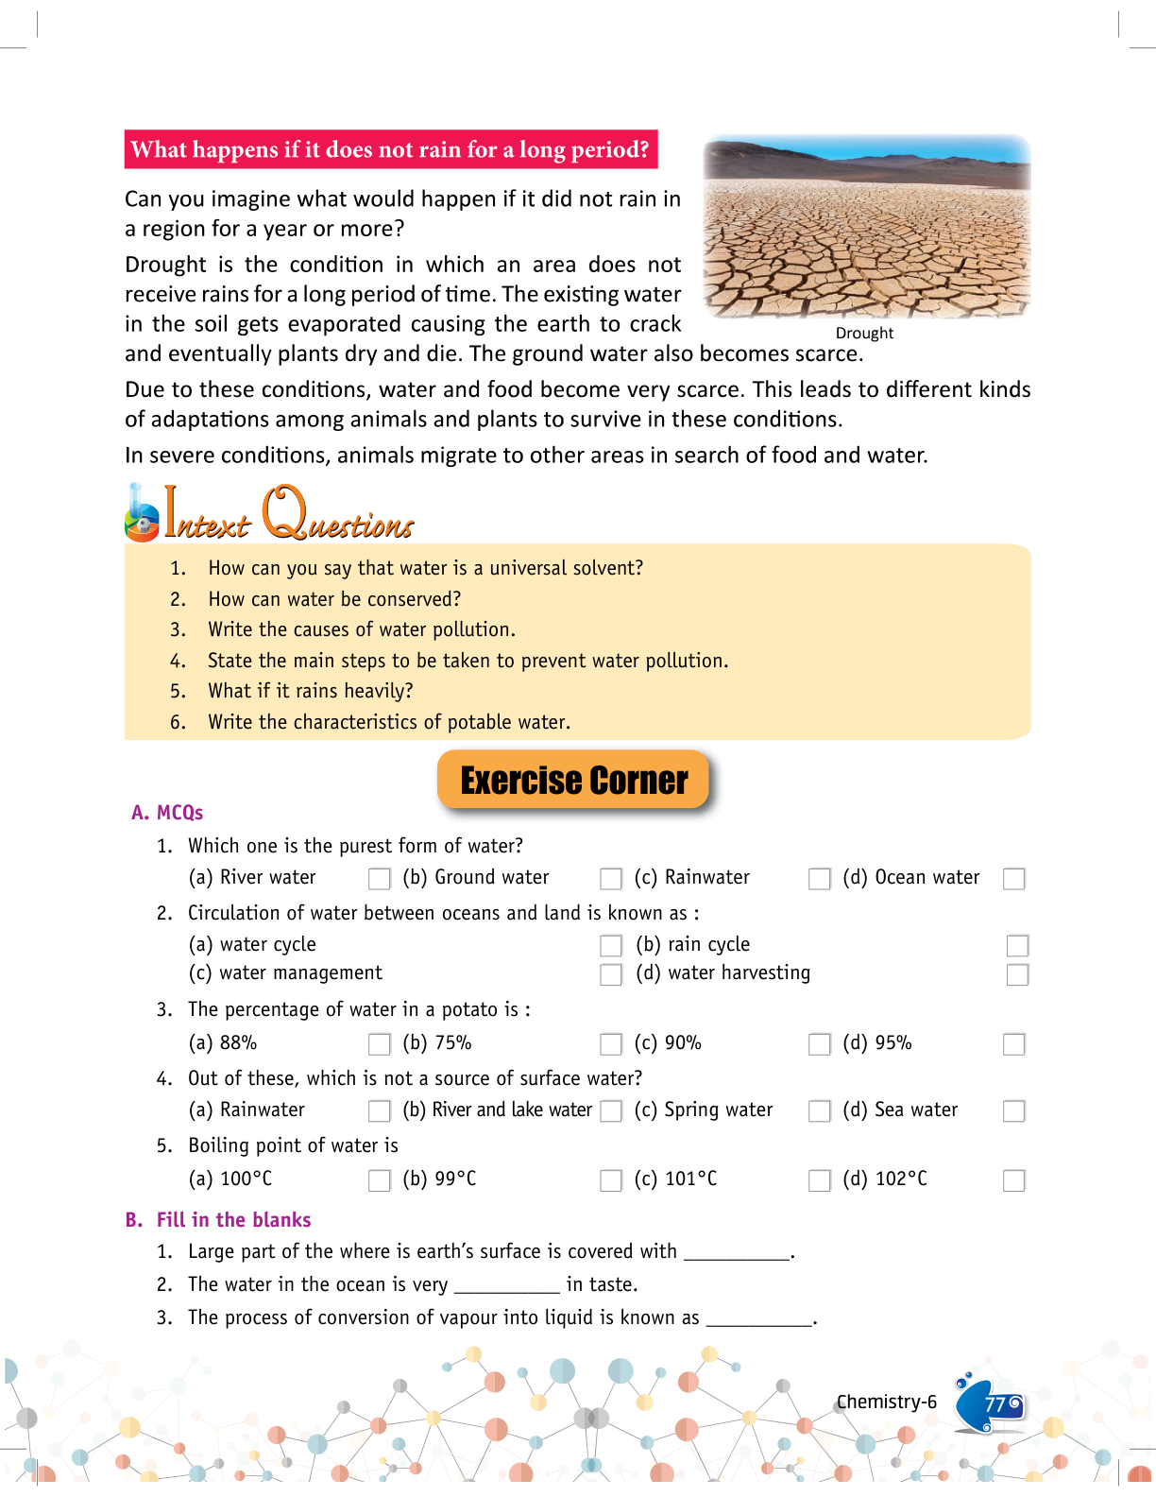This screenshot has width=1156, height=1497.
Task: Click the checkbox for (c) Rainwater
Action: [819, 879]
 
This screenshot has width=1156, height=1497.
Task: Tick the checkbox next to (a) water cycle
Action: [611, 945]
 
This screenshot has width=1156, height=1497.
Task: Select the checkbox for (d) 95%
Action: [1013, 1044]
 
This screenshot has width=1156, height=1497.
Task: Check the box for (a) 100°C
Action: [379, 1180]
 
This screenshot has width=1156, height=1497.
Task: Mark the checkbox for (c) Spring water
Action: [819, 1111]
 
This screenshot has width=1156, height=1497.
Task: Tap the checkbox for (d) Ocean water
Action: [1013, 879]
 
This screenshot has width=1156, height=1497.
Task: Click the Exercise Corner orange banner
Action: [573, 781]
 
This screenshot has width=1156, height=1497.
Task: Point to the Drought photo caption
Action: [864, 334]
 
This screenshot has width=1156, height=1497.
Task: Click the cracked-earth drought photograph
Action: [866, 227]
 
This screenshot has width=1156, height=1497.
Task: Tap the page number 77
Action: [994, 1404]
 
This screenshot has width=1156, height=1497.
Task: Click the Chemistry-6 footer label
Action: [886, 1402]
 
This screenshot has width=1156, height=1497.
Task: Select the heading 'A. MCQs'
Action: [167, 813]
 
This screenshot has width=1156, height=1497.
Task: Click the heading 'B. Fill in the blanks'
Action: [218, 1220]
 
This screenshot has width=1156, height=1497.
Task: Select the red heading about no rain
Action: [390, 149]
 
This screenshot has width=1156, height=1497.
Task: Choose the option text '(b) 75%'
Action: [437, 1043]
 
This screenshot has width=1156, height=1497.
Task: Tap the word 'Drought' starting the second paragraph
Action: [165, 265]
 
